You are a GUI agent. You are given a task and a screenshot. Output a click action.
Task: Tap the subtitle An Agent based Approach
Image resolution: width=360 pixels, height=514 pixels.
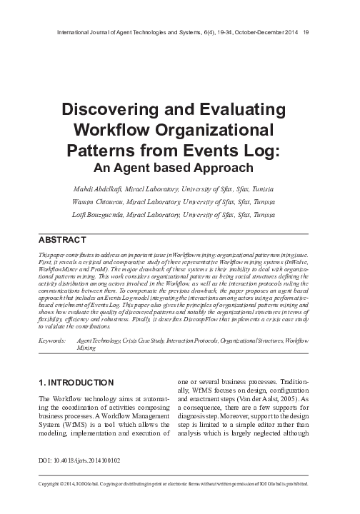point(180,168)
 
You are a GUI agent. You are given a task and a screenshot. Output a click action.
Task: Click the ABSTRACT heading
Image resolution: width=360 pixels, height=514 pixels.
point(64,241)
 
